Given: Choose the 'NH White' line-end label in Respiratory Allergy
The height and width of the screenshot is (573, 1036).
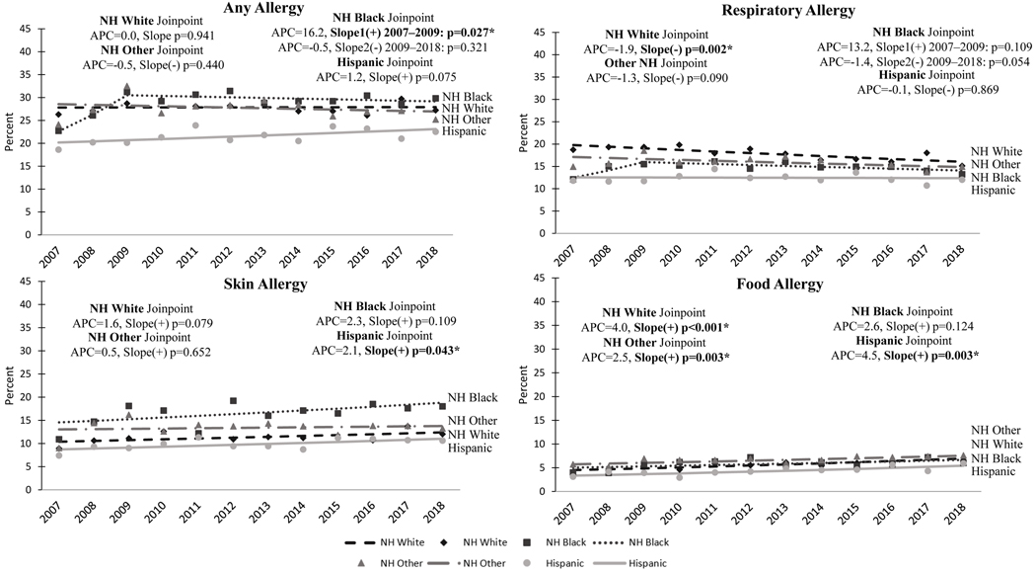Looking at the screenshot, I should pos(995,149).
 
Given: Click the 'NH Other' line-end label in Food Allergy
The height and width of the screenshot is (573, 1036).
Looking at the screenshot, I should pos(995,430).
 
